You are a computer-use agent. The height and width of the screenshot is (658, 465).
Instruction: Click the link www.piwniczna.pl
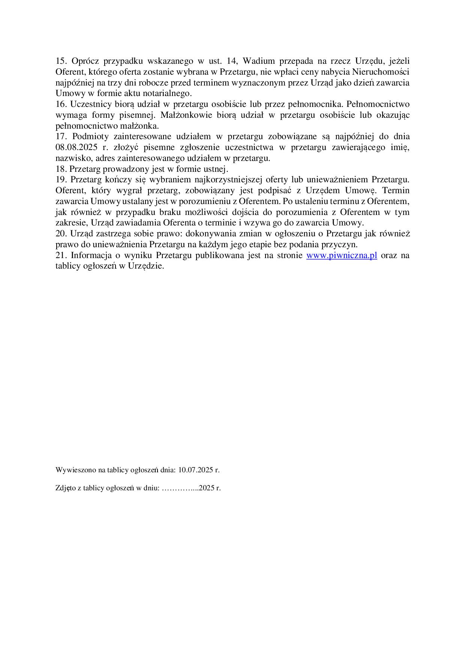click(342, 255)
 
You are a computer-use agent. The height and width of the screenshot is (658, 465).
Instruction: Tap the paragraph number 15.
click(60, 61)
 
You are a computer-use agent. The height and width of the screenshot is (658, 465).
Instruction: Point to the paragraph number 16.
click(60, 104)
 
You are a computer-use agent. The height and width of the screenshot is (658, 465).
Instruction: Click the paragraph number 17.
click(60, 137)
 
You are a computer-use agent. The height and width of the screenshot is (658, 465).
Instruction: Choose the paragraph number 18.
click(60, 169)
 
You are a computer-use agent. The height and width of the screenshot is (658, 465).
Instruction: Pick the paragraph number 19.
click(60, 180)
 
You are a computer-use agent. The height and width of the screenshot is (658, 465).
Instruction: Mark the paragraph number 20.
click(60, 234)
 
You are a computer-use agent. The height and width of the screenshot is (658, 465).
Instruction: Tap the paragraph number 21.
click(60, 255)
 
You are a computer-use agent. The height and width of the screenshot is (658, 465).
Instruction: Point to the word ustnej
click(217, 169)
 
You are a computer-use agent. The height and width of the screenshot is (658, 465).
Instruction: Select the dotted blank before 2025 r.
click(180, 488)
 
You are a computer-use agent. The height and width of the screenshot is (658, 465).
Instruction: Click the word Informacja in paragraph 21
click(90, 255)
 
